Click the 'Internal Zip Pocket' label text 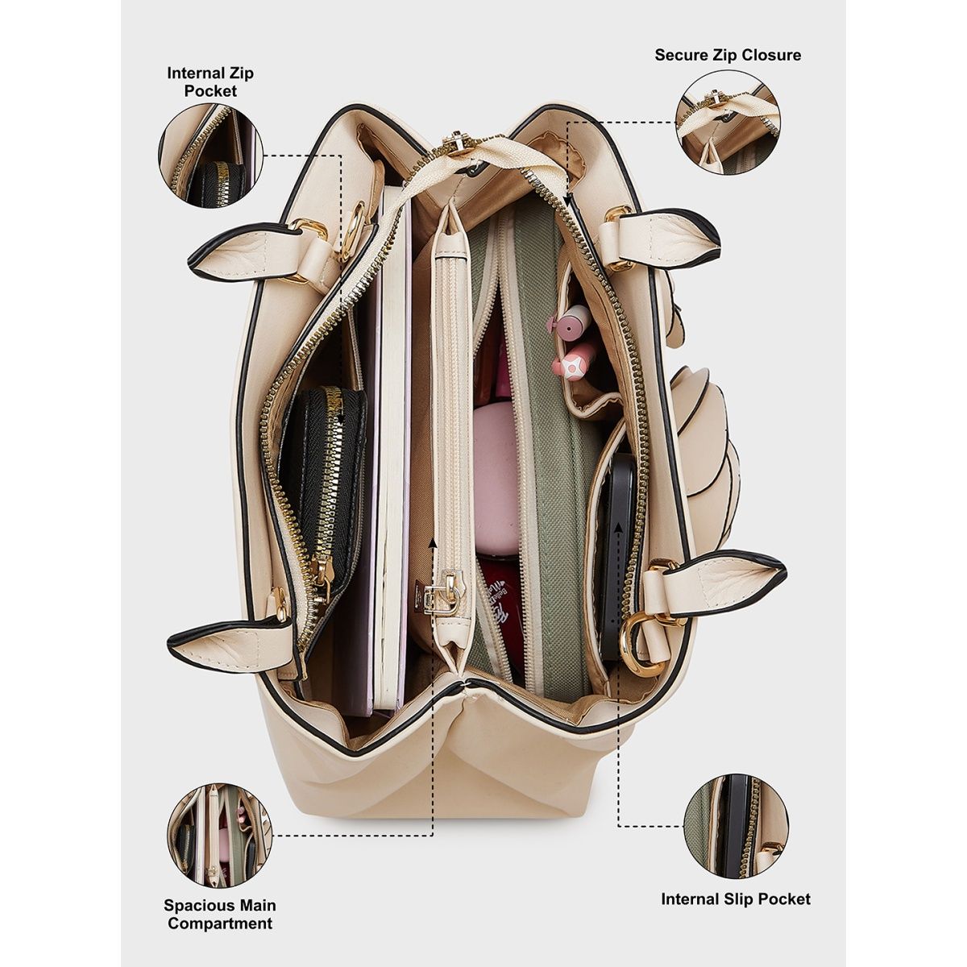tap(210, 82)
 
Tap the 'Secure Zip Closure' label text tap(728, 55)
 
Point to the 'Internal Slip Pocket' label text tap(736, 899)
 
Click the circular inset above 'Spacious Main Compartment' tap(219, 836)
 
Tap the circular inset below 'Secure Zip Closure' tap(728, 123)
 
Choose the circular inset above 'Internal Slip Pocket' tap(736, 827)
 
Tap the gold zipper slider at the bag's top tap(466, 147)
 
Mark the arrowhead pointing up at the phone tap(619, 525)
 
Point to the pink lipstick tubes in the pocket tap(573, 338)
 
